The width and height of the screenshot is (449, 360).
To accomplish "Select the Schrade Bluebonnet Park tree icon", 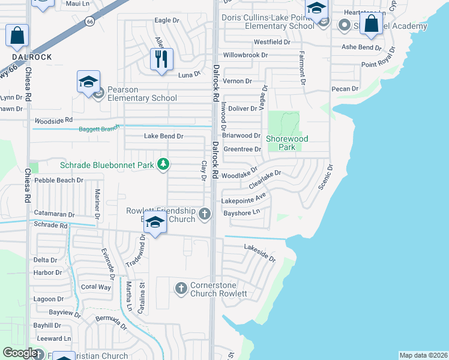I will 162,164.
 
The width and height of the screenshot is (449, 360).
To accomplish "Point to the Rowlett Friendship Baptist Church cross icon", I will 205,214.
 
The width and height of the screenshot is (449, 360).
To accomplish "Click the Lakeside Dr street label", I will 259,253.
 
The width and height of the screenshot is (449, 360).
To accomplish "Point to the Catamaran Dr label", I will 54,214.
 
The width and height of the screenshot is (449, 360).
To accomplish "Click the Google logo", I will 19,353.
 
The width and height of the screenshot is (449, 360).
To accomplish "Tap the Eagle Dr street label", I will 167,20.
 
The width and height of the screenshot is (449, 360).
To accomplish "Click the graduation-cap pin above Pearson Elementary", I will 88,82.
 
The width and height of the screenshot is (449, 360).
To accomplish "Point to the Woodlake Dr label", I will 240,176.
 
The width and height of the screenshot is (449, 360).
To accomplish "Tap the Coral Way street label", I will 96,287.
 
